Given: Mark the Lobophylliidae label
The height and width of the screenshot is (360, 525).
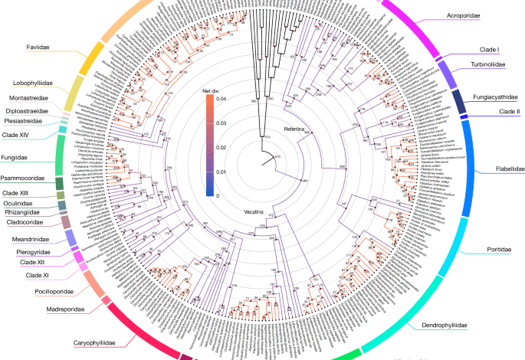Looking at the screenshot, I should [x=32, y=83].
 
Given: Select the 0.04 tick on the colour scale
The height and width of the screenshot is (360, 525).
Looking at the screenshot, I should [x=221, y=98].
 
